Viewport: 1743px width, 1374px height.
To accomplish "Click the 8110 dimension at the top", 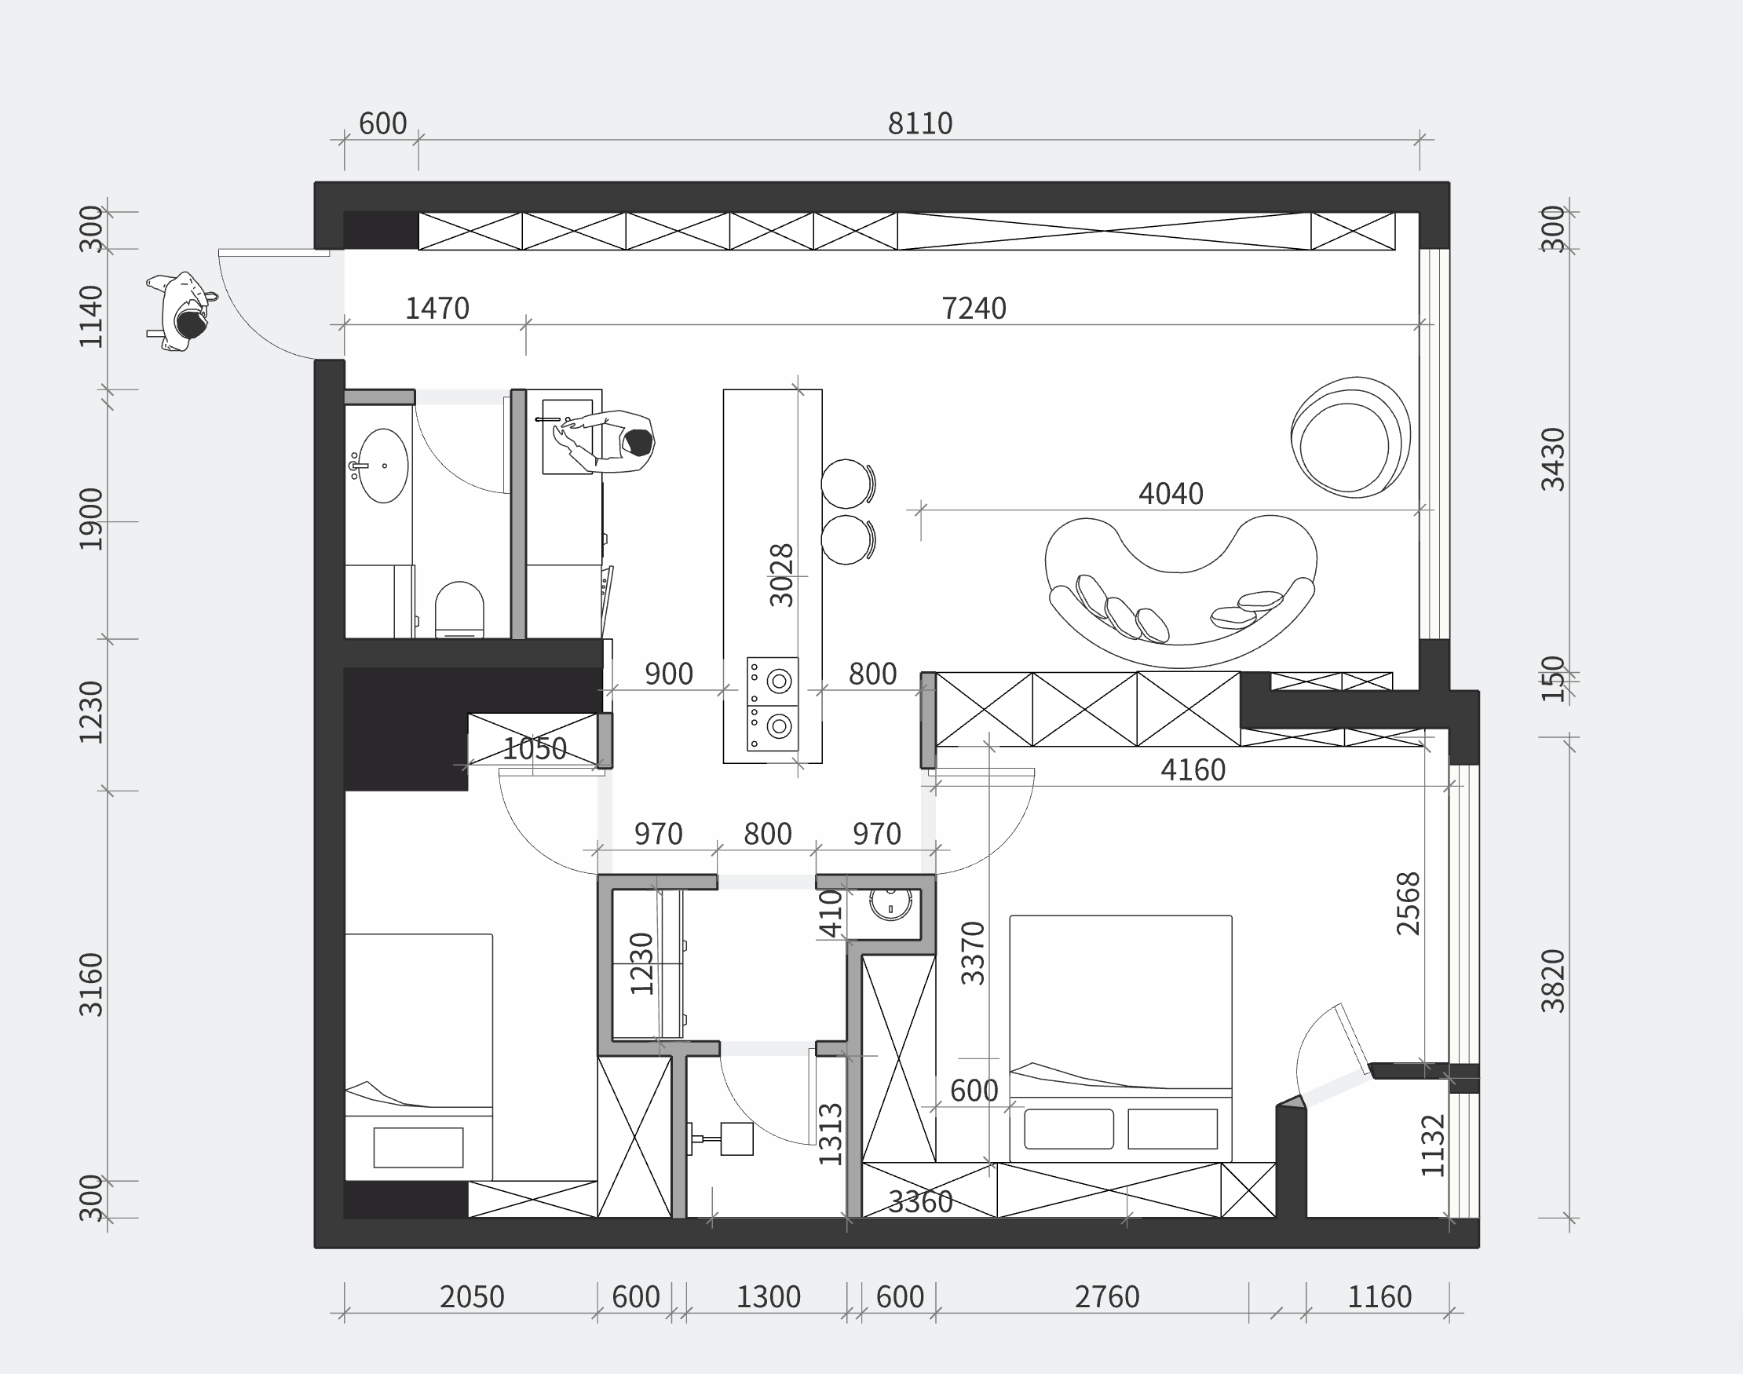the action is click(920, 124).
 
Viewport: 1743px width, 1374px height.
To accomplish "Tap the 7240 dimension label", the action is click(974, 309).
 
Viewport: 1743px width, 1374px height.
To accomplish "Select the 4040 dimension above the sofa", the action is click(1171, 494).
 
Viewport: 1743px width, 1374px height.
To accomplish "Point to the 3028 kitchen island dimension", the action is click(781, 575).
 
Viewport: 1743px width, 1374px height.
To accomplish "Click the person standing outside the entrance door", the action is click(181, 312).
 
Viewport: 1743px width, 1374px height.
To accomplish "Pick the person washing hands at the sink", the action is click(607, 440).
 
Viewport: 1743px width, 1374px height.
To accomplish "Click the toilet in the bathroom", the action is click(459, 610).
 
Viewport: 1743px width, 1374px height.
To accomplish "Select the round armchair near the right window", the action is click(1350, 437).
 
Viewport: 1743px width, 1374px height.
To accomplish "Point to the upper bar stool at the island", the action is click(847, 484).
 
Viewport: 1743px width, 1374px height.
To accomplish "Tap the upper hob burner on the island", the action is click(779, 681).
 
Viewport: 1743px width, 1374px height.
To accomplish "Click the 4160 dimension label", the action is click(1193, 771).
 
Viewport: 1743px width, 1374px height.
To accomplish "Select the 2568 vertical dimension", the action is click(1408, 903).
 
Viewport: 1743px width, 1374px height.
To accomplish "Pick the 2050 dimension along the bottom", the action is click(471, 1298).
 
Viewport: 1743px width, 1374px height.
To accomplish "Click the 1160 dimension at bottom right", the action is click(1379, 1298).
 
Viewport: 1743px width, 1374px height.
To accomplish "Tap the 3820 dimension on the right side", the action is click(1552, 981).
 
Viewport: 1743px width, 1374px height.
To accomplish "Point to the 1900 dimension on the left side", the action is click(91, 519).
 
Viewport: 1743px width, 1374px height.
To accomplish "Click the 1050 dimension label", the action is click(535, 750).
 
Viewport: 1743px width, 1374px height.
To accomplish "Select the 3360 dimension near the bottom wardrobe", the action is click(920, 1203).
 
